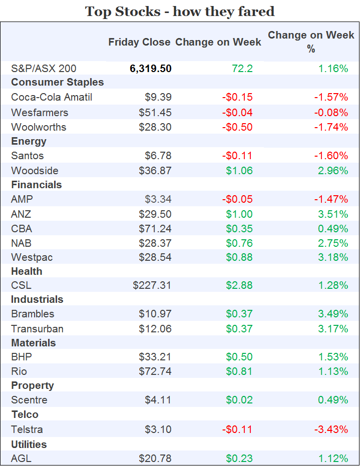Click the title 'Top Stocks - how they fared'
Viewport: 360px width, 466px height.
pos(180,11)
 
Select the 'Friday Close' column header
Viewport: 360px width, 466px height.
pos(139,42)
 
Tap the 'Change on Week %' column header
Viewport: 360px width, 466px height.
pos(311,42)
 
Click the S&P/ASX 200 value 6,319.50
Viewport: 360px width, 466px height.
pos(150,69)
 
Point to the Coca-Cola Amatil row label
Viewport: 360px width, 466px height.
pos(52,97)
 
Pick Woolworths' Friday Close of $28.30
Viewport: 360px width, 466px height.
pos(155,127)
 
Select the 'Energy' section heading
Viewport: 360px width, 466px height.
pos(29,141)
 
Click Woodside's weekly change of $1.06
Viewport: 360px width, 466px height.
pos(239,171)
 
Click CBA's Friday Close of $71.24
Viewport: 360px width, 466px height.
pos(155,229)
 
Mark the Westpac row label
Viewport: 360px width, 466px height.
pos(32,257)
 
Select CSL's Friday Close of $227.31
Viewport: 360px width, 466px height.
pos(152,285)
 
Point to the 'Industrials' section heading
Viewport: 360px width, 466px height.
pos(37,299)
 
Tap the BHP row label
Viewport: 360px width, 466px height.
pos(22,357)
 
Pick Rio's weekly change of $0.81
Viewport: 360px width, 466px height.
pos(239,371)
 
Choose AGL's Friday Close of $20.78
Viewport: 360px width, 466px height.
pos(155,458)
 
